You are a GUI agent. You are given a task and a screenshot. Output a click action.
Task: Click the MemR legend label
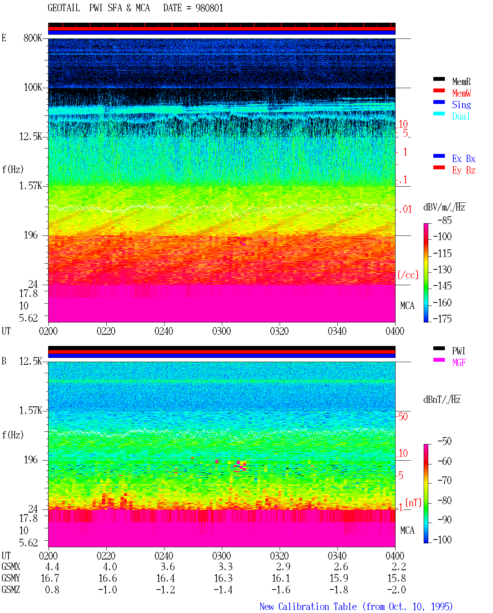point(461,82)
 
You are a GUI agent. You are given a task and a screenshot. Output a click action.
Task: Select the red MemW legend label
point(461,93)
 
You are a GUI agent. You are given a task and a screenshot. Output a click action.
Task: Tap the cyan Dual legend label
point(461,116)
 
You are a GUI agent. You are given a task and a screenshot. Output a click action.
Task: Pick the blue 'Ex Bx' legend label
point(464,159)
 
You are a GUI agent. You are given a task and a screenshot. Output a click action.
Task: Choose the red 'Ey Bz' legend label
point(464,170)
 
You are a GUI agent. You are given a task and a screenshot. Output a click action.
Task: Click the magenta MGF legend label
point(459,362)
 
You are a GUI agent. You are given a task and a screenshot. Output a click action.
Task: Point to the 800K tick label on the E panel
point(33,38)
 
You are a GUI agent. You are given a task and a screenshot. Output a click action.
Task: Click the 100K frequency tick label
point(33,87)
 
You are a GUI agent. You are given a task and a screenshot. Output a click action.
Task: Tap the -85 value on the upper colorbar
point(444,220)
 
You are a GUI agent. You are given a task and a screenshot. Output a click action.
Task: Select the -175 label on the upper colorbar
point(442,319)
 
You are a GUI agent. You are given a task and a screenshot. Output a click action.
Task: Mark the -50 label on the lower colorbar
point(444,441)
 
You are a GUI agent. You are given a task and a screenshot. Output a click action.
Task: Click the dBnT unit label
point(442,399)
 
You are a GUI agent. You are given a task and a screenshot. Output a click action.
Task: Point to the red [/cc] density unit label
point(408,275)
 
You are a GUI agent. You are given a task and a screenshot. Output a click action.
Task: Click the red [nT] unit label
point(413,503)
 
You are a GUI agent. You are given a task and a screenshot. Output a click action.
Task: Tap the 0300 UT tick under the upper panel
point(221,331)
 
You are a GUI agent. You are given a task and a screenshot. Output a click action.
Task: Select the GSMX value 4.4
point(52,567)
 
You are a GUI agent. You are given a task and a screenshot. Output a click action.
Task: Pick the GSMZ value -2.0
point(396,590)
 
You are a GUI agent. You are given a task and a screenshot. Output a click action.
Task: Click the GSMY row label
point(11,578)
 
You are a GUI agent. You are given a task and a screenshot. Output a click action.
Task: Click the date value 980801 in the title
point(209,8)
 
